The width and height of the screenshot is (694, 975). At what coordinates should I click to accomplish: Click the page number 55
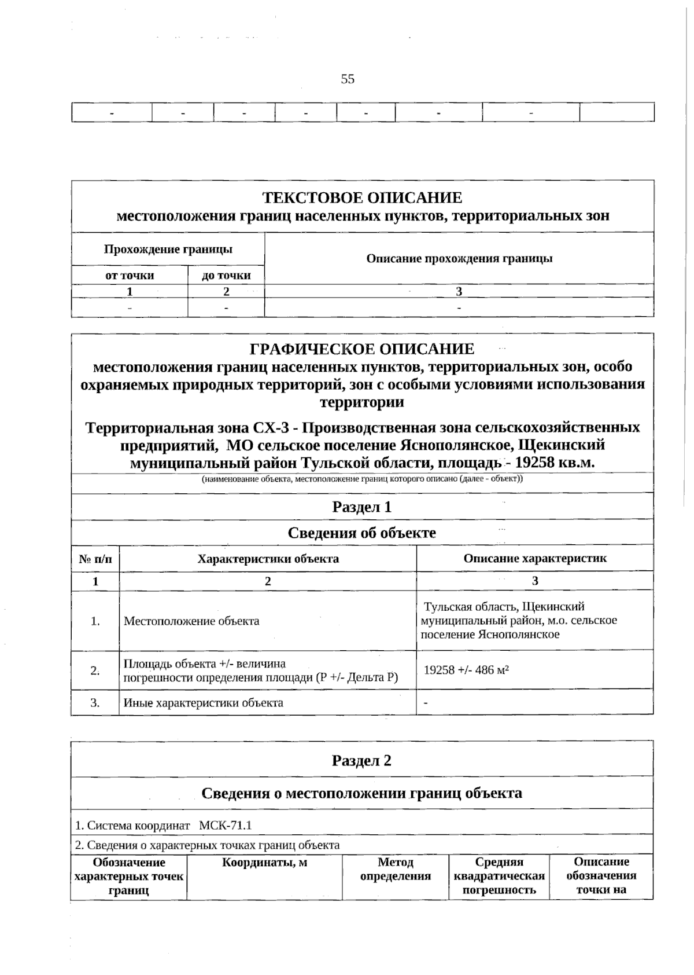348,79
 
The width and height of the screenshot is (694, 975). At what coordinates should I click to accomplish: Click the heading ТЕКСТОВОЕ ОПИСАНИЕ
363,198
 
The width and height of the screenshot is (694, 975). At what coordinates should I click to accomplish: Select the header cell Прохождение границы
168,250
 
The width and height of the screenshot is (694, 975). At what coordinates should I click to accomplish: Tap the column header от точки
130,276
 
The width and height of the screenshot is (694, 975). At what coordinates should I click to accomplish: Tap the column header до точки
226,276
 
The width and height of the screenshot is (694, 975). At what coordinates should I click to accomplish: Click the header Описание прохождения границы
459,259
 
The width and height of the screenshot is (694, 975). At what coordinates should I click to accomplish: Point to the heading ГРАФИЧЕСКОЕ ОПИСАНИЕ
362,349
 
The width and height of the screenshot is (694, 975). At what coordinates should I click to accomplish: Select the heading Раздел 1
362,507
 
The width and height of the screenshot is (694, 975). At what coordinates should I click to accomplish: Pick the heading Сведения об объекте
362,533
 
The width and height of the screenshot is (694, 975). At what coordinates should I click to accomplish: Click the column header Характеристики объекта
268,559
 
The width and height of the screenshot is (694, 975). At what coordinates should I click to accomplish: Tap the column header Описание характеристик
535,559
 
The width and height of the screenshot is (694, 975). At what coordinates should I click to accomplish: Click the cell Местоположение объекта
191,621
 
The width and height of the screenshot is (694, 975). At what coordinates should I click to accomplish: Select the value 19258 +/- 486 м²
466,670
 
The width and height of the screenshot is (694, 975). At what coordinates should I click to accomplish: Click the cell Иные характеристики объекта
204,703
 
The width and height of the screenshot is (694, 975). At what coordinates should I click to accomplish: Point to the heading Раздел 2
362,760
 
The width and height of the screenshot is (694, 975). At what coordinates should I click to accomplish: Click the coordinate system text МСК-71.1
225,826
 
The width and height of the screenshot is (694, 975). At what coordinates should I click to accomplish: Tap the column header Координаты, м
264,863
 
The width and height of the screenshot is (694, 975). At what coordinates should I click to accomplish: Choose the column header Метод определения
396,870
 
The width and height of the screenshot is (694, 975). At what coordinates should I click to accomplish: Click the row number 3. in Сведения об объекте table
95,703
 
